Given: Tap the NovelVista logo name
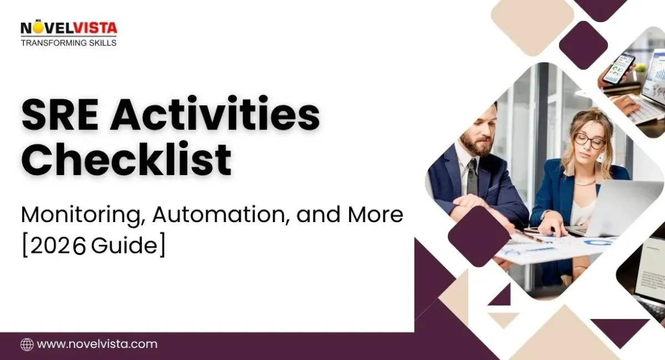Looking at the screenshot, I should pyautogui.click(x=69, y=28).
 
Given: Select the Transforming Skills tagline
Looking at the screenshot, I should pyautogui.click(x=69, y=43).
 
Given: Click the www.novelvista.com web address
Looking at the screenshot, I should pyautogui.click(x=97, y=344).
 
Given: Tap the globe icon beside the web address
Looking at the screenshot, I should pyautogui.click(x=27, y=344).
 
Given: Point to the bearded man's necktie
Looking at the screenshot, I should pyautogui.click(x=472, y=176).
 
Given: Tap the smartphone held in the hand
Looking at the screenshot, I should pyautogui.click(x=619, y=69).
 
